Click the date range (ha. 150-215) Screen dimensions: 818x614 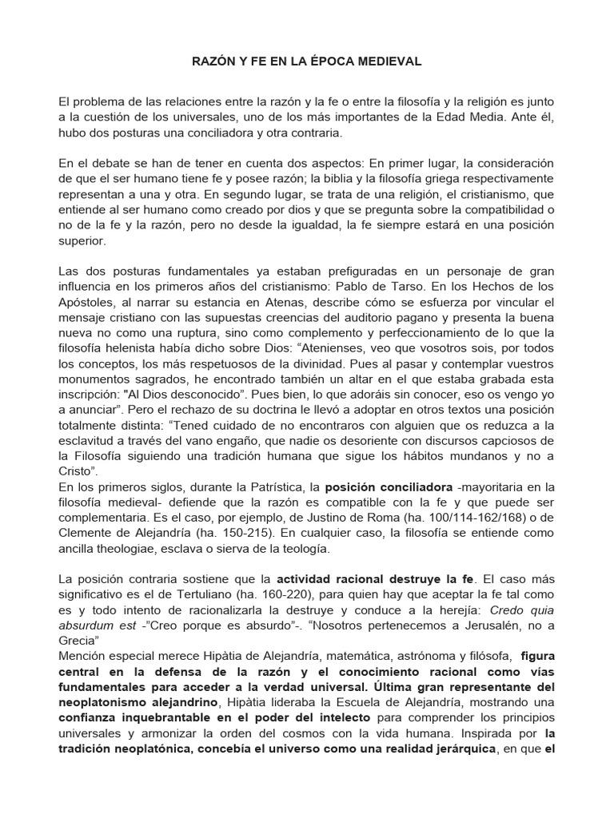212,533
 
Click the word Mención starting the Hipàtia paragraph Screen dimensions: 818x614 82,656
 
